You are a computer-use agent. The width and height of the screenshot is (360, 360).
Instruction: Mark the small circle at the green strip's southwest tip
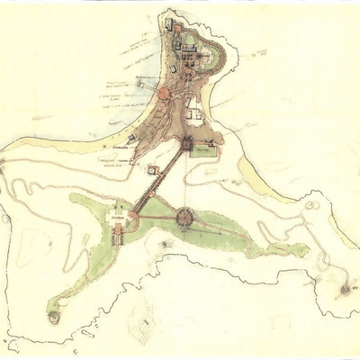pyautogui.click(x=52, y=317)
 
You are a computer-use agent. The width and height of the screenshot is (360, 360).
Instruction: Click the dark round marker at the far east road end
pyautogui.click(x=346, y=290)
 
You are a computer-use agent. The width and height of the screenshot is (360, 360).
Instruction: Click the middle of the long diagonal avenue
pyautogui.click(x=157, y=180)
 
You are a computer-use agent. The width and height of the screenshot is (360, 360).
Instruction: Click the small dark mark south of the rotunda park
pyautogui.click(x=163, y=244)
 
